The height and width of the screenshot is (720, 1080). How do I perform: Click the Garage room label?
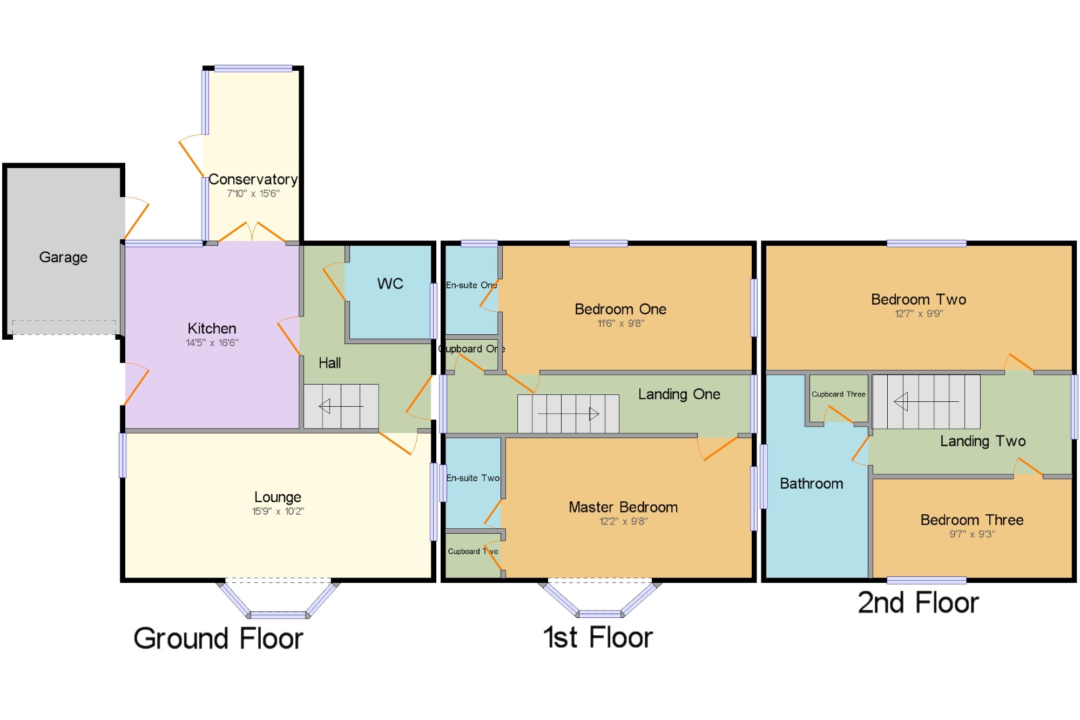click(63, 258)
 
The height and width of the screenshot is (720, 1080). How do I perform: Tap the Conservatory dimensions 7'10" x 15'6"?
click(253, 193)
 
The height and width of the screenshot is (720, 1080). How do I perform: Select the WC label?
click(390, 284)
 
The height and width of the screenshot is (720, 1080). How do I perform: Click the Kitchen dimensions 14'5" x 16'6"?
click(212, 342)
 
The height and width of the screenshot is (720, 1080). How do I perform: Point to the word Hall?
click(329, 363)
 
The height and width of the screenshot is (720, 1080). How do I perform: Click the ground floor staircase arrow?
click(341, 406)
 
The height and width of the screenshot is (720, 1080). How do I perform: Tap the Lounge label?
click(278, 497)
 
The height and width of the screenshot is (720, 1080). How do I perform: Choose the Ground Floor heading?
click(218, 638)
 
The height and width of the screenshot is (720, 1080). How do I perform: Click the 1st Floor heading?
click(598, 637)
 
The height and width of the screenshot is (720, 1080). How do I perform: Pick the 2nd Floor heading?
click(919, 603)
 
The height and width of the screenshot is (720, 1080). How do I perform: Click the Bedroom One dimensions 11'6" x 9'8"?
click(621, 324)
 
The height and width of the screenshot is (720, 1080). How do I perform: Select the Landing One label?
click(679, 394)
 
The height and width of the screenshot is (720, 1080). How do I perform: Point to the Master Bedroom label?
click(623, 507)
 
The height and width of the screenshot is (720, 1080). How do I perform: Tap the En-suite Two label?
click(473, 478)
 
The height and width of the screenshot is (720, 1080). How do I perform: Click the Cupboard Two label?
click(473, 551)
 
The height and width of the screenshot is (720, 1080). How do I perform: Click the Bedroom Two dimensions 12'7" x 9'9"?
click(919, 314)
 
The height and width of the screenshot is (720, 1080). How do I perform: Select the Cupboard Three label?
click(839, 394)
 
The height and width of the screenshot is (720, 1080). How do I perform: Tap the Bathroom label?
click(812, 483)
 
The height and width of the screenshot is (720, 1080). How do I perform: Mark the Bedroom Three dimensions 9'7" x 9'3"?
click(972, 534)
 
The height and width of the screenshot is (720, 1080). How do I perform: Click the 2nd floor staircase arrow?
click(927, 402)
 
